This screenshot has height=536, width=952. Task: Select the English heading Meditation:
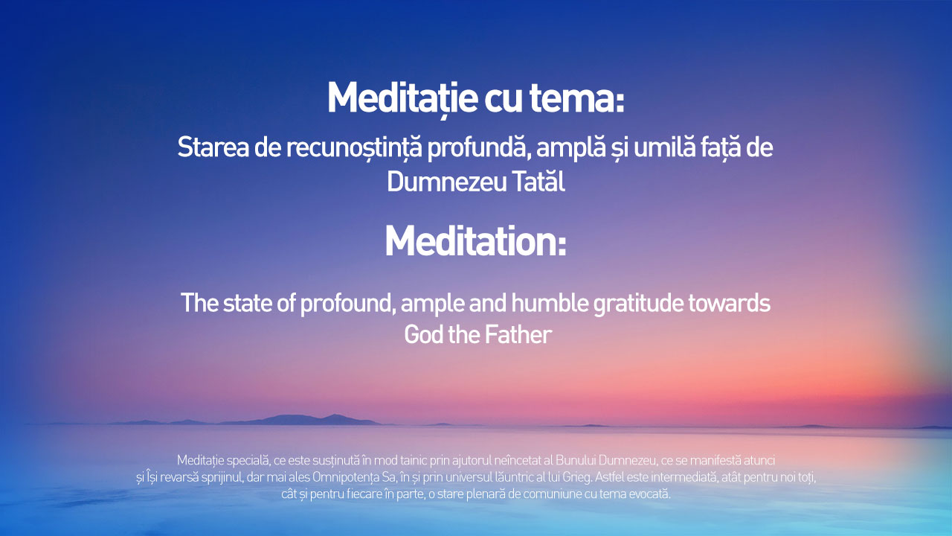(x=475, y=241)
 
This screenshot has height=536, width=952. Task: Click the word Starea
(x=213, y=147)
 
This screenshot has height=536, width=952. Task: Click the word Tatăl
(x=538, y=182)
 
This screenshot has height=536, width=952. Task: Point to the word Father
(x=518, y=335)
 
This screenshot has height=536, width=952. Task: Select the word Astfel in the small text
(x=609, y=477)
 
